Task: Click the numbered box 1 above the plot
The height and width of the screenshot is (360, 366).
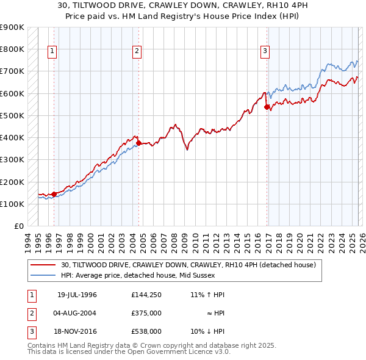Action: pos(53,52)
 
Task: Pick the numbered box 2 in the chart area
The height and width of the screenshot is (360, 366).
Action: pos(137,52)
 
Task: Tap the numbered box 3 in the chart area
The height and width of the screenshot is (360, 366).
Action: pos(265,52)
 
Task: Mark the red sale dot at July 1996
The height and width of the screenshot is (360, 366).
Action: pos(54,195)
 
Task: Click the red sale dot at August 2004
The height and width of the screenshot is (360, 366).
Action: pos(138,143)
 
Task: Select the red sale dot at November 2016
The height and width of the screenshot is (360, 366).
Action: pos(267,107)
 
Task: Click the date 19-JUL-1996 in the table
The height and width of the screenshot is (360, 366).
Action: pos(77,295)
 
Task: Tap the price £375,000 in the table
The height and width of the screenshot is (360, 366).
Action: pos(146,313)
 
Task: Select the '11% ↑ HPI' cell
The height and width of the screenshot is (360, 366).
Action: pos(207,295)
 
